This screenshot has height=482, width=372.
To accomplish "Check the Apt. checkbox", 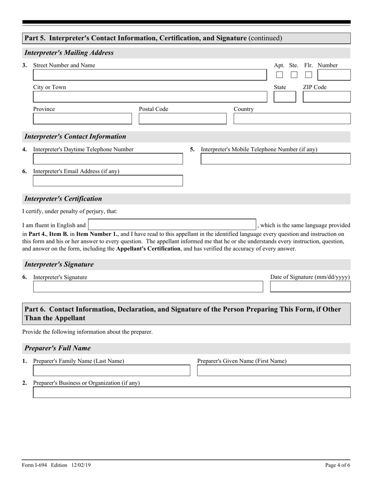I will [279, 74].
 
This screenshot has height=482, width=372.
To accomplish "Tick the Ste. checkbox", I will [294, 74].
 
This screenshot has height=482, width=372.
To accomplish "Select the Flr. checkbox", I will [309, 74].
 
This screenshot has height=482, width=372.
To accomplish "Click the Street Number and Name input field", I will [149, 75].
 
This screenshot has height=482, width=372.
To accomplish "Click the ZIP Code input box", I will [327, 97].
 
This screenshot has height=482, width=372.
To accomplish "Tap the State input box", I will [285, 97].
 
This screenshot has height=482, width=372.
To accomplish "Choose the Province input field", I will [82, 119].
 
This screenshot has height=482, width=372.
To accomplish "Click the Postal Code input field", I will [182, 119].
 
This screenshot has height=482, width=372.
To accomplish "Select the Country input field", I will [292, 119].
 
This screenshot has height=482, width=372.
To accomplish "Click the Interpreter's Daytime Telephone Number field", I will [108, 159].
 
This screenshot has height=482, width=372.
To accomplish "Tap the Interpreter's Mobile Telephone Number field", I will [275, 159].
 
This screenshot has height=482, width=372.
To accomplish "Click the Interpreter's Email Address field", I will [108, 181].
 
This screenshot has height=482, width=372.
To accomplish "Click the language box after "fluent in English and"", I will [172, 225].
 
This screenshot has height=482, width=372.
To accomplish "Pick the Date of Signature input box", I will [310, 287].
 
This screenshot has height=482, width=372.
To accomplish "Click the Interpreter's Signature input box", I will [148, 287].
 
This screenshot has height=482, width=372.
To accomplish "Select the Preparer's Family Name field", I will [111, 370].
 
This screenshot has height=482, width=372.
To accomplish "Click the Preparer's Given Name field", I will [274, 370].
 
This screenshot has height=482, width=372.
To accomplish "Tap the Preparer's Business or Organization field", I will [191, 392].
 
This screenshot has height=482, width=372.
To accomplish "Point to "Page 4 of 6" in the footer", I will [337, 465].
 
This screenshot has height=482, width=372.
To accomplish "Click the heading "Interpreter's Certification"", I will [63, 199].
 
